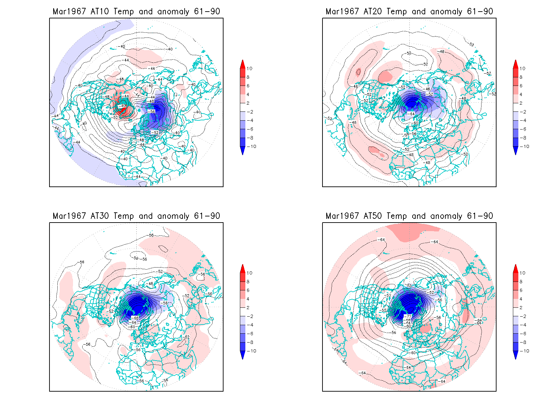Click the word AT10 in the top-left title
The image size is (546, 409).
click(x=100, y=12)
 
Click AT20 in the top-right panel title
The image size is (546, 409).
click(x=373, y=12)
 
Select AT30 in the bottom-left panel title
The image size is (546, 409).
click(x=100, y=216)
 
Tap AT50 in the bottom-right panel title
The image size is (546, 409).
click(x=373, y=216)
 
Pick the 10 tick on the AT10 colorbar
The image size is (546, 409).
click(x=249, y=69)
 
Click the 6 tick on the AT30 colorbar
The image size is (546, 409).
click(x=248, y=290)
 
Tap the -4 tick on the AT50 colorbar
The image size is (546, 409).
click(x=522, y=325)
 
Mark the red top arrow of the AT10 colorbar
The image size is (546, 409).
click(x=243, y=64)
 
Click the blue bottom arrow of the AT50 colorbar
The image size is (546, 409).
click(x=516, y=355)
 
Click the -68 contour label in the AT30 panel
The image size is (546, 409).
click(x=135, y=318)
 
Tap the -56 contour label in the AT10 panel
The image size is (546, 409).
click(x=152, y=111)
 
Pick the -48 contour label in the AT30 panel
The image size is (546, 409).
click(x=150, y=284)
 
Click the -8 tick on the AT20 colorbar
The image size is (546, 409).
click(x=522, y=138)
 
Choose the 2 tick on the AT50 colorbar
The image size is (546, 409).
click(x=521, y=308)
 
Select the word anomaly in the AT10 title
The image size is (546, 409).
click(x=173, y=12)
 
